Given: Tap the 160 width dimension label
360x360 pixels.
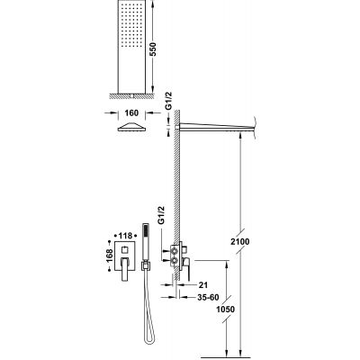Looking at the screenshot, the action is [x=131, y=113].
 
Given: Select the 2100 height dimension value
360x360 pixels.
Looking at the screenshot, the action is [x=240, y=241].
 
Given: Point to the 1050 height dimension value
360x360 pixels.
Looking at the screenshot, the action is [x=226, y=309].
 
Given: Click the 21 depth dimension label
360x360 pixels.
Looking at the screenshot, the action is [x=202, y=284].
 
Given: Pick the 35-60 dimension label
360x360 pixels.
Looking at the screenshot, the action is [x=208, y=297].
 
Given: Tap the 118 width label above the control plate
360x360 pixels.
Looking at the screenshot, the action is [x=126, y=236].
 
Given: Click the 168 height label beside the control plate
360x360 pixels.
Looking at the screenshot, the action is [x=109, y=255].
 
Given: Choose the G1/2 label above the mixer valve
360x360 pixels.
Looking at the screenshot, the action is [x=161, y=215].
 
